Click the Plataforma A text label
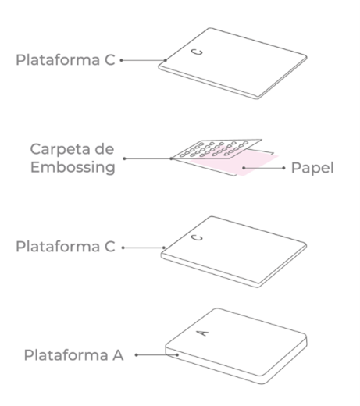(x=73, y=355)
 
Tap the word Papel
(x=312, y=168)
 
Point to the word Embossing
(x=73, y=168)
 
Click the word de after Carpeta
(x=104, y=149)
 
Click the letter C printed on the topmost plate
(x=198, y=52)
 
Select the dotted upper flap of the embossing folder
(x=217, y=149)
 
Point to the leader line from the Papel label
(x=264, y=168)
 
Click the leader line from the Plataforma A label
(x=157, y=354)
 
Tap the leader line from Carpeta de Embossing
(x=148, y=158)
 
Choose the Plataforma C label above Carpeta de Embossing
(x=66, y=60)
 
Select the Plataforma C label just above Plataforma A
(x=66, y=246)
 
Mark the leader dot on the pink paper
(x=244, y=168)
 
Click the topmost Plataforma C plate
(x=233, y=63)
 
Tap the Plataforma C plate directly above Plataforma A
(x=233, y=251)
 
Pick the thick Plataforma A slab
(x=236, y=346)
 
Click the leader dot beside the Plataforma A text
(x=137, y=354)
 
